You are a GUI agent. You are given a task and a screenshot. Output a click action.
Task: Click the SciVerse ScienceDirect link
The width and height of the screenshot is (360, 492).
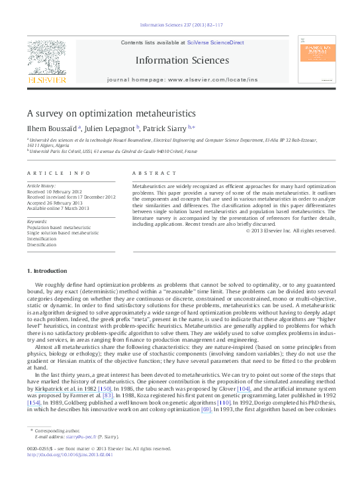(215, 42)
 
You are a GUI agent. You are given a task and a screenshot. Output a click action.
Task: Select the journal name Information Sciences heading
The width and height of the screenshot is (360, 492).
(182, 60)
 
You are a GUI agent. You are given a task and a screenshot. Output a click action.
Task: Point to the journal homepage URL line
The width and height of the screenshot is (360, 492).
(182, 79)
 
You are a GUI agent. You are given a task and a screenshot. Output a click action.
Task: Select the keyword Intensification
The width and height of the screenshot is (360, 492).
(42, 238)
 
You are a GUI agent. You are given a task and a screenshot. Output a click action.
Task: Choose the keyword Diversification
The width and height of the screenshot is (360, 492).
(42, 244)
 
